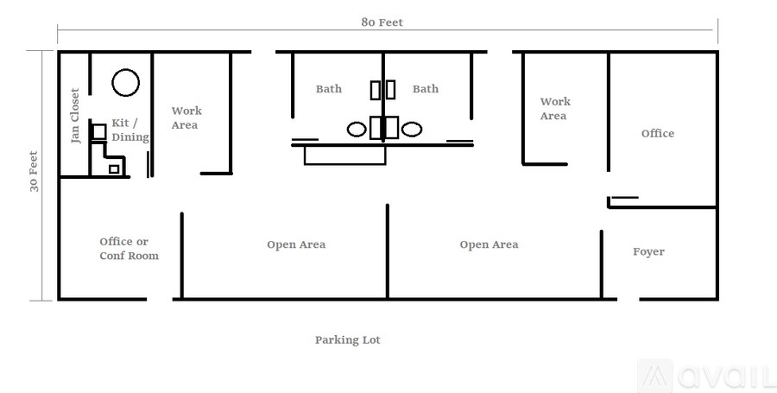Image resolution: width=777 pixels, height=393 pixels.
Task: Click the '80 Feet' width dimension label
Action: coord(382,22)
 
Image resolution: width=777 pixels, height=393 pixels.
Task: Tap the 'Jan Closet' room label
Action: coord(75,116)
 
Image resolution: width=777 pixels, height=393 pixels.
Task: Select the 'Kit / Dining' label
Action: coord(130,130)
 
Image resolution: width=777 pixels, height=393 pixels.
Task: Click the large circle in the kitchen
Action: coord(125,82)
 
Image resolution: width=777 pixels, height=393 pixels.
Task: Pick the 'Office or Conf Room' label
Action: coord(129,249)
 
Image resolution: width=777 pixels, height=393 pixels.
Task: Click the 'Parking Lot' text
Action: coord(347,340)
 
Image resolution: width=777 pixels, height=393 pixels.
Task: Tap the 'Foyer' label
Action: coord(648,252)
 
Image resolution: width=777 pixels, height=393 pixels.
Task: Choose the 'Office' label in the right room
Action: coord(658,134)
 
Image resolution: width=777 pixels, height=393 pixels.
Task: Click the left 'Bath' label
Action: coord(328,89)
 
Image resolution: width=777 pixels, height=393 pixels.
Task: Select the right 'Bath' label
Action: coord(425,89)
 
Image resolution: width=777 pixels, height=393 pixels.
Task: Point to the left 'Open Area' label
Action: coord(296,245)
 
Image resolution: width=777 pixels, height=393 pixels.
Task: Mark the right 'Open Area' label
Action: coord(489,245)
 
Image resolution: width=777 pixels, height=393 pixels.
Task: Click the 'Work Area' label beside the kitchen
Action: coord(186,117)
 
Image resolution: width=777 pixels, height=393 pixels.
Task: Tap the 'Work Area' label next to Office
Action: coord(554,109)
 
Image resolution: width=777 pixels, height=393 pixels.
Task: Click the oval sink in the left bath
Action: coord(357,130)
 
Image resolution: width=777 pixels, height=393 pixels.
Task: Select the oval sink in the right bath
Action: coord(411,130)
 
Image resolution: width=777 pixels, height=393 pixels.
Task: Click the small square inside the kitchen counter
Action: coord(113,169)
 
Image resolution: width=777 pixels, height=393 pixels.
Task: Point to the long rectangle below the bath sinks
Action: coord(344,155)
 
